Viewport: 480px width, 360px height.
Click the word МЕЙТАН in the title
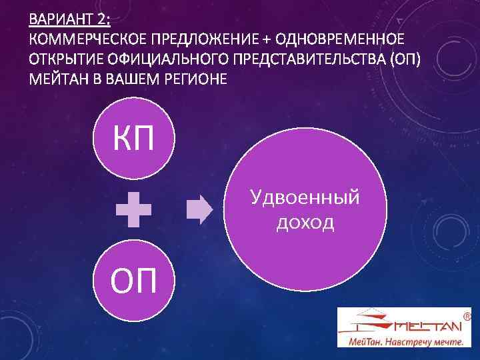tap(58, 79)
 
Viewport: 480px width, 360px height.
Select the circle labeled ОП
tap(135, 281)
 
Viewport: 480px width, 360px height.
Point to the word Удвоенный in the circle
tap(305, 197)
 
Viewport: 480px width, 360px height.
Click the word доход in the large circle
tap(305, 222)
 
